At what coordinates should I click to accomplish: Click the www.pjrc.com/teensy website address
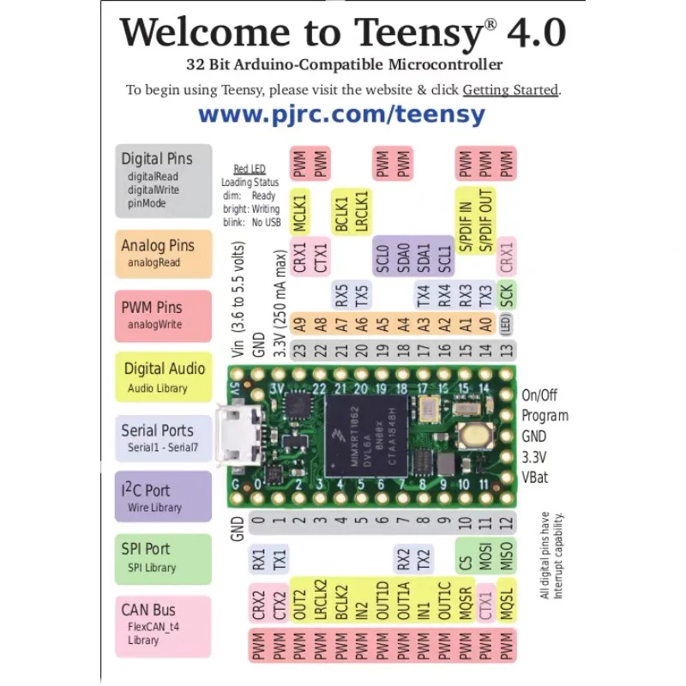pos(341,115)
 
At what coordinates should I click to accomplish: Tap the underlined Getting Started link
pos(510,90)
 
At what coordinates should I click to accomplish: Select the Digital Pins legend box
pos(164,180)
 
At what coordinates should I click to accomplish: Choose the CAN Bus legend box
pos(164,623)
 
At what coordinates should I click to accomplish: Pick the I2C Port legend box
pos(164,497)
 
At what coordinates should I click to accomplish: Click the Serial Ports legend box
pos(164,438)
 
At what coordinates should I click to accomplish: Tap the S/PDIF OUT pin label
pos(486,221)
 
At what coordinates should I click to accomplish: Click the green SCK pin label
pos(507,296)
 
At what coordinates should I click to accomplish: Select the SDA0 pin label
pos(403,256)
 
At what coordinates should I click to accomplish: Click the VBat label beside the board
pos(538,478)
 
